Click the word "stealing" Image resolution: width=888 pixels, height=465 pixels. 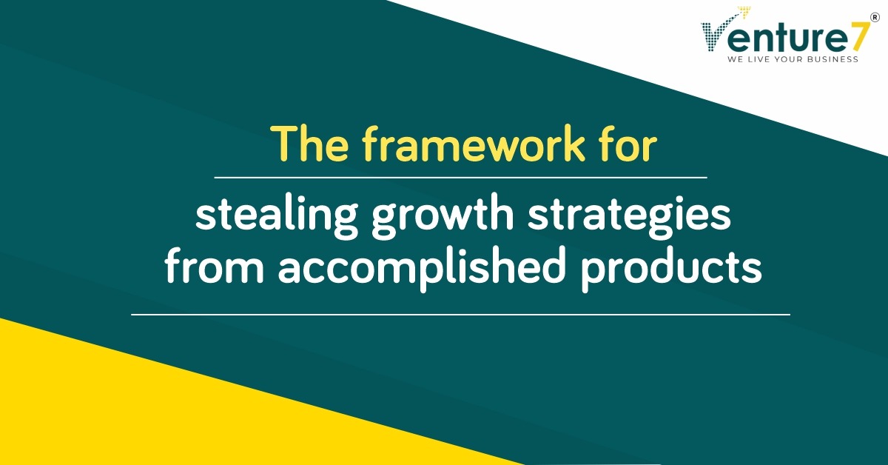(x=277, y=216)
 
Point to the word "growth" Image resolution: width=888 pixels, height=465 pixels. (x=443, y=216)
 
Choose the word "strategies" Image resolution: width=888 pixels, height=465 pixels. (x=629, y=216)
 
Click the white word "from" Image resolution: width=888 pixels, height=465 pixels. (x=214, y=264)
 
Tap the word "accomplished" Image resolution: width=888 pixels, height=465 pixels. (x=421, y=268)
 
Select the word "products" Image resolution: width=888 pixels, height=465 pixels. (x=671, y=268)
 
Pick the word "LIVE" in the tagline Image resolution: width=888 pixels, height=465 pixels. (x=758, y=59)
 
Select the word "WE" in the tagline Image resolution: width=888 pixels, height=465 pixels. (x=735, y=59)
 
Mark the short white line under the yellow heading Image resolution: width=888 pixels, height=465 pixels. (x=460, y=178)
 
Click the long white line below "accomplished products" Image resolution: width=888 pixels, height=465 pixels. (x=460, y=315)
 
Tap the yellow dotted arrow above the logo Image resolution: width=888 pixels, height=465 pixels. (x=739, y=15)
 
